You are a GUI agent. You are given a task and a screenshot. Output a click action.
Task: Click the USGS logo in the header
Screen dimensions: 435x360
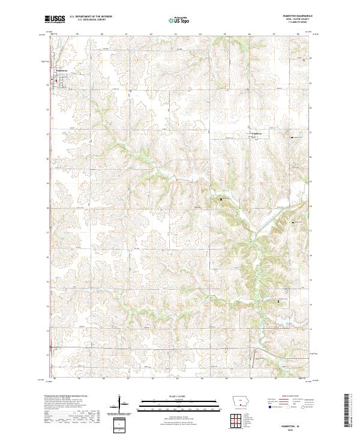55,20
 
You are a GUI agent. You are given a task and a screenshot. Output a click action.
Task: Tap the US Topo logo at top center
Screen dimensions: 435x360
179,20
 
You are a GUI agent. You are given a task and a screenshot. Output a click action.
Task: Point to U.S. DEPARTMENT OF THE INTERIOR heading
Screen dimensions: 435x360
91,17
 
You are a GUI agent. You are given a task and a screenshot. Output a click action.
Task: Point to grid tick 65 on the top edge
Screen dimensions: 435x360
225,35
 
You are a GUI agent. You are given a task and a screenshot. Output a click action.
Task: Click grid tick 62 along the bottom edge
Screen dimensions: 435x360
151,379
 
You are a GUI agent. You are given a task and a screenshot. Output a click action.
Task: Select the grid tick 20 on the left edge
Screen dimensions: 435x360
48,159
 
